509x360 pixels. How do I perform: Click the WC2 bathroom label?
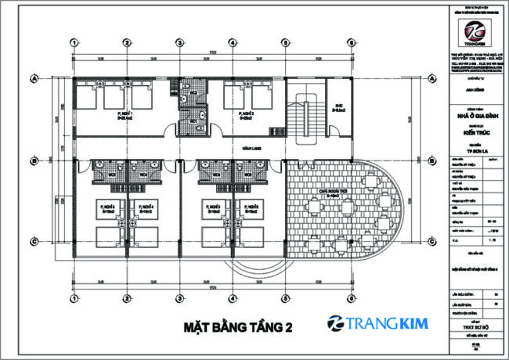pyautogui.click(x=191, y=92)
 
